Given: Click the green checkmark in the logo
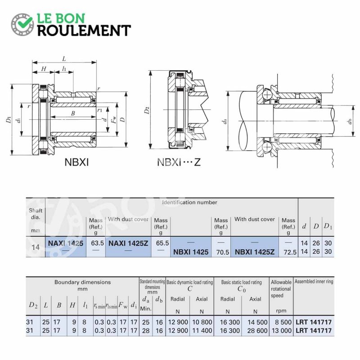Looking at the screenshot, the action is [25, 21].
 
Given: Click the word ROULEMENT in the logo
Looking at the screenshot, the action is [84, 31].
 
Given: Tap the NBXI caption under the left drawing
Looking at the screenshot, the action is [76, 162].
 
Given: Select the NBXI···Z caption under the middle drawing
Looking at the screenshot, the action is [179, 162].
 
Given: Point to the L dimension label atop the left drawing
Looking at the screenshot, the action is [64, 59].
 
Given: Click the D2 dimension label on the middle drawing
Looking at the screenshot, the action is [147, 110].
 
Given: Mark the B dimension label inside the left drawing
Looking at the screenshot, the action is [73, 113].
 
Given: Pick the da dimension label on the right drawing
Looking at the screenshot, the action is [225, 121].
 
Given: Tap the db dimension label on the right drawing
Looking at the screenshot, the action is [350, 121].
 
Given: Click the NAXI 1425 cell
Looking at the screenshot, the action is [66, 243].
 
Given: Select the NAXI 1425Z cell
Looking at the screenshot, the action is [128, 243].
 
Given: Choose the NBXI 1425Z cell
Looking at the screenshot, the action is [255, 252].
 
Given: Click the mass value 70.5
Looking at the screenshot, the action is [222, 252].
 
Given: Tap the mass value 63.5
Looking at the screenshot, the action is [97, 243].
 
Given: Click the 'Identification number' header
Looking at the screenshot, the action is [189, 202].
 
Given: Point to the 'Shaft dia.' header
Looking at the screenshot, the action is [36, 214].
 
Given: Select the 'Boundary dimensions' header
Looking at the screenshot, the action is [82, 282].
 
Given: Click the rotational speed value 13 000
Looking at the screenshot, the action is [282, 331].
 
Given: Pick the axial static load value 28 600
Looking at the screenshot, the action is [257, 331].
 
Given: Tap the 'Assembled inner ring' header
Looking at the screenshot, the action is [314, 282].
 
